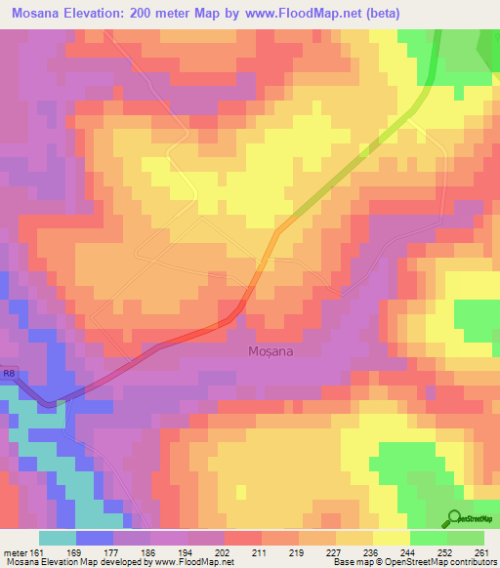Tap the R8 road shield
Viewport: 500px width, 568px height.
coord(8,372)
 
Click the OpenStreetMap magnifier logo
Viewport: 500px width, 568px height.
coord(454,518)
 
